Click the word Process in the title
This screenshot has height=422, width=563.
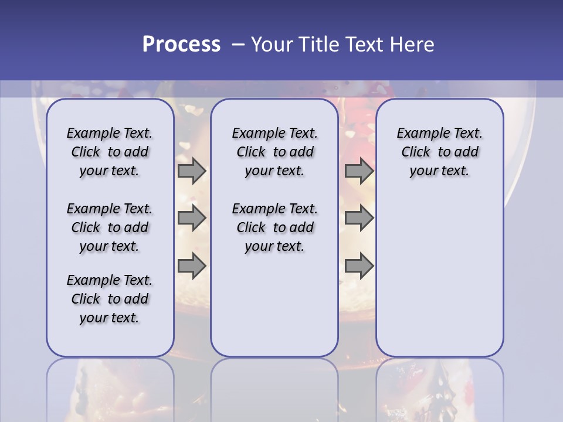tap(181, 45)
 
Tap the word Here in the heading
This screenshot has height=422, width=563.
tap(412, 45)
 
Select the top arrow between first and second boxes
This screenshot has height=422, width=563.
tap(192, 171)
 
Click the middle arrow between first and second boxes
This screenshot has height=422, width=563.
tap(192, 218)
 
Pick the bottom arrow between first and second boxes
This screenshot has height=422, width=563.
tap(192, 266)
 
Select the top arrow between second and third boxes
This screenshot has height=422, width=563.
tap(359, 171)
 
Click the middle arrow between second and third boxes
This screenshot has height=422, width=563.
tap(359, 218)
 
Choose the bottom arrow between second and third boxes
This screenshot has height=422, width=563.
tap(359, 266)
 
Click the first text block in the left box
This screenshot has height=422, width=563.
tap(110, 152)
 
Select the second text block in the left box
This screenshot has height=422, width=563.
tap(110, 227)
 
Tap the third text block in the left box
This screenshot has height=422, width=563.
tap(110, 299)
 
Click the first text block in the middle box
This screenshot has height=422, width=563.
tap(274, 152)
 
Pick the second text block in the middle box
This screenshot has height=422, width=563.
tap(274, 227)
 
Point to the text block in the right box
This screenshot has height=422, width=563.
tap(439, 152)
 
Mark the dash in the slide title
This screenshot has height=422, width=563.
tap(238, 45)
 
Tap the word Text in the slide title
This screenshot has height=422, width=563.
tap(364, 45)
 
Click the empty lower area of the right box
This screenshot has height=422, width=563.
tap(439, 281)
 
